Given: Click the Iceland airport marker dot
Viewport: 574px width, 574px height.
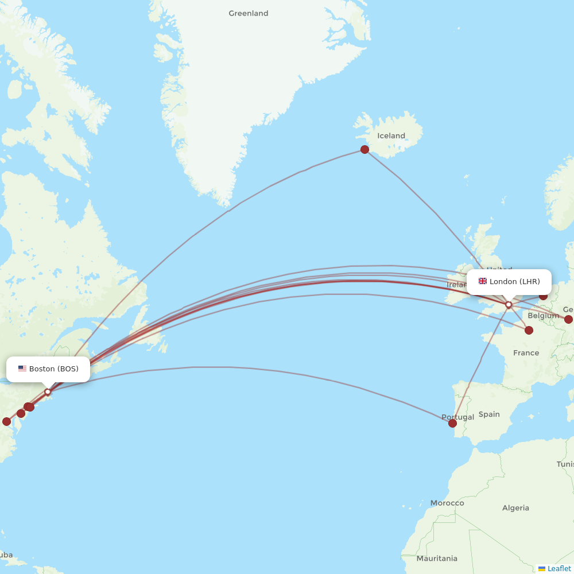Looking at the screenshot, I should click(364, 150).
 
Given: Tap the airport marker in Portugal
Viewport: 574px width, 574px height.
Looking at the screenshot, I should click(452, 424).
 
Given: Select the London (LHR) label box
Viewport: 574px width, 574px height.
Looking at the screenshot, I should click(509, 282).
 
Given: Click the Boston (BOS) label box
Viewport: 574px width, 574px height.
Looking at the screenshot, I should click(48, 369).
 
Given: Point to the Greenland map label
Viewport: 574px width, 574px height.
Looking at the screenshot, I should click(248, 13).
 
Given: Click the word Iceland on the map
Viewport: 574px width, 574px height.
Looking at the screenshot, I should click(391, 136).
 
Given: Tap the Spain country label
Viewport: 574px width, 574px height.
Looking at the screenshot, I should click(489, 414).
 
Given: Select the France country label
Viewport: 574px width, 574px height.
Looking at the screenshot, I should click(526, 353).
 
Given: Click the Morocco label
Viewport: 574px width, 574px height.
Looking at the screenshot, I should click(447, 503).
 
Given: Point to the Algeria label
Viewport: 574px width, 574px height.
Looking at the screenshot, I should click(515, 508).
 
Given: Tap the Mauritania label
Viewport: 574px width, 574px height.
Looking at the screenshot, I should click(437, 559).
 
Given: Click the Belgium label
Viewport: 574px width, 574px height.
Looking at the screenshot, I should click(543, 316).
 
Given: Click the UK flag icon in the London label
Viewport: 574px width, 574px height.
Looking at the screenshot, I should click(483, 281).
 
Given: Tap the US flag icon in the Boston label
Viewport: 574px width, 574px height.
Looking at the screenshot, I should click(22, 369).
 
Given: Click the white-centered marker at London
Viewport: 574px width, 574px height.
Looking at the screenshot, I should click(509, 305).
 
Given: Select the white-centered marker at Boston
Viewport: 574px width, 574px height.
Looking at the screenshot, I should click(48, 392).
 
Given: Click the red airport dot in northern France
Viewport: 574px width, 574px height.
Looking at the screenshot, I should click(529, 330).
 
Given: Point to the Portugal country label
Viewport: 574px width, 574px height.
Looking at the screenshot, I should click(458, 417).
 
